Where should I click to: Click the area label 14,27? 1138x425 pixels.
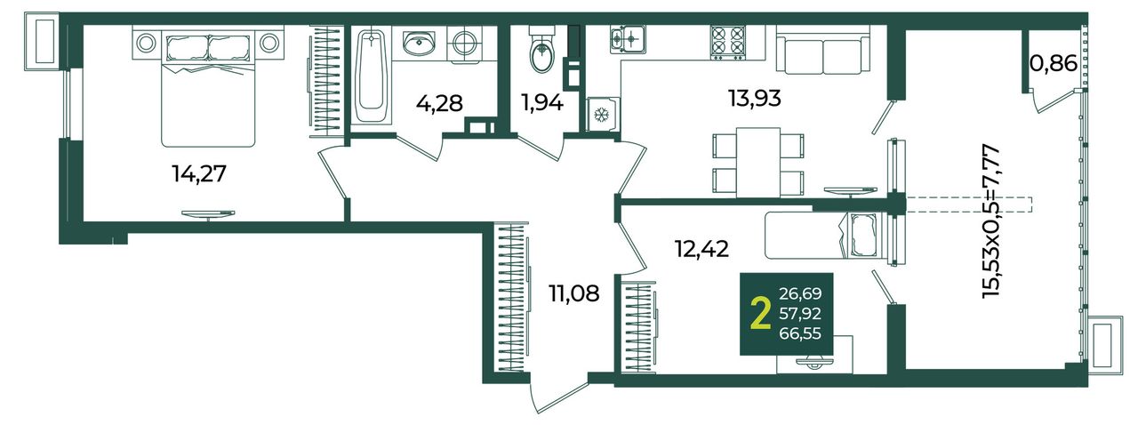pyautogui.click(x=199, y=174)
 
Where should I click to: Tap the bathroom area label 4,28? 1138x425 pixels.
pyautogui.click(x=439, y=103)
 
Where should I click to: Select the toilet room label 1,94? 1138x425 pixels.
pyautogui.click(x=541, y=103)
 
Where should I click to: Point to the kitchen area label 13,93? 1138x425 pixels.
pyautogui.click(x=755, y=98)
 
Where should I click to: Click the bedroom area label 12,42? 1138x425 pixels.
pyautogui.click(x=702, y=249)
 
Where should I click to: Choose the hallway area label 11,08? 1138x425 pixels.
pyautogui.click(x=574, y=293)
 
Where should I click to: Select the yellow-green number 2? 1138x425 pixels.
pyautogui.click(x=760, y=314)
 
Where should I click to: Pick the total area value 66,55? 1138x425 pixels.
pyautogui.click(x=800, y=333)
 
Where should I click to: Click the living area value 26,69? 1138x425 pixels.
pyautogui.click(x=800, y=293)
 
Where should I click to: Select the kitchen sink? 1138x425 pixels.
pyautogui.click(x=628, y=37)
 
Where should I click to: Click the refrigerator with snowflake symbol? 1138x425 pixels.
pyautogui.click(x=603, y=115)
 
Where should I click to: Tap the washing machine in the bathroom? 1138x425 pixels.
pyautogui.click(x=464, y=44)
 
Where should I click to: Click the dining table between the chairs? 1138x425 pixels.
pyautogui.click(x=758, y=163)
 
